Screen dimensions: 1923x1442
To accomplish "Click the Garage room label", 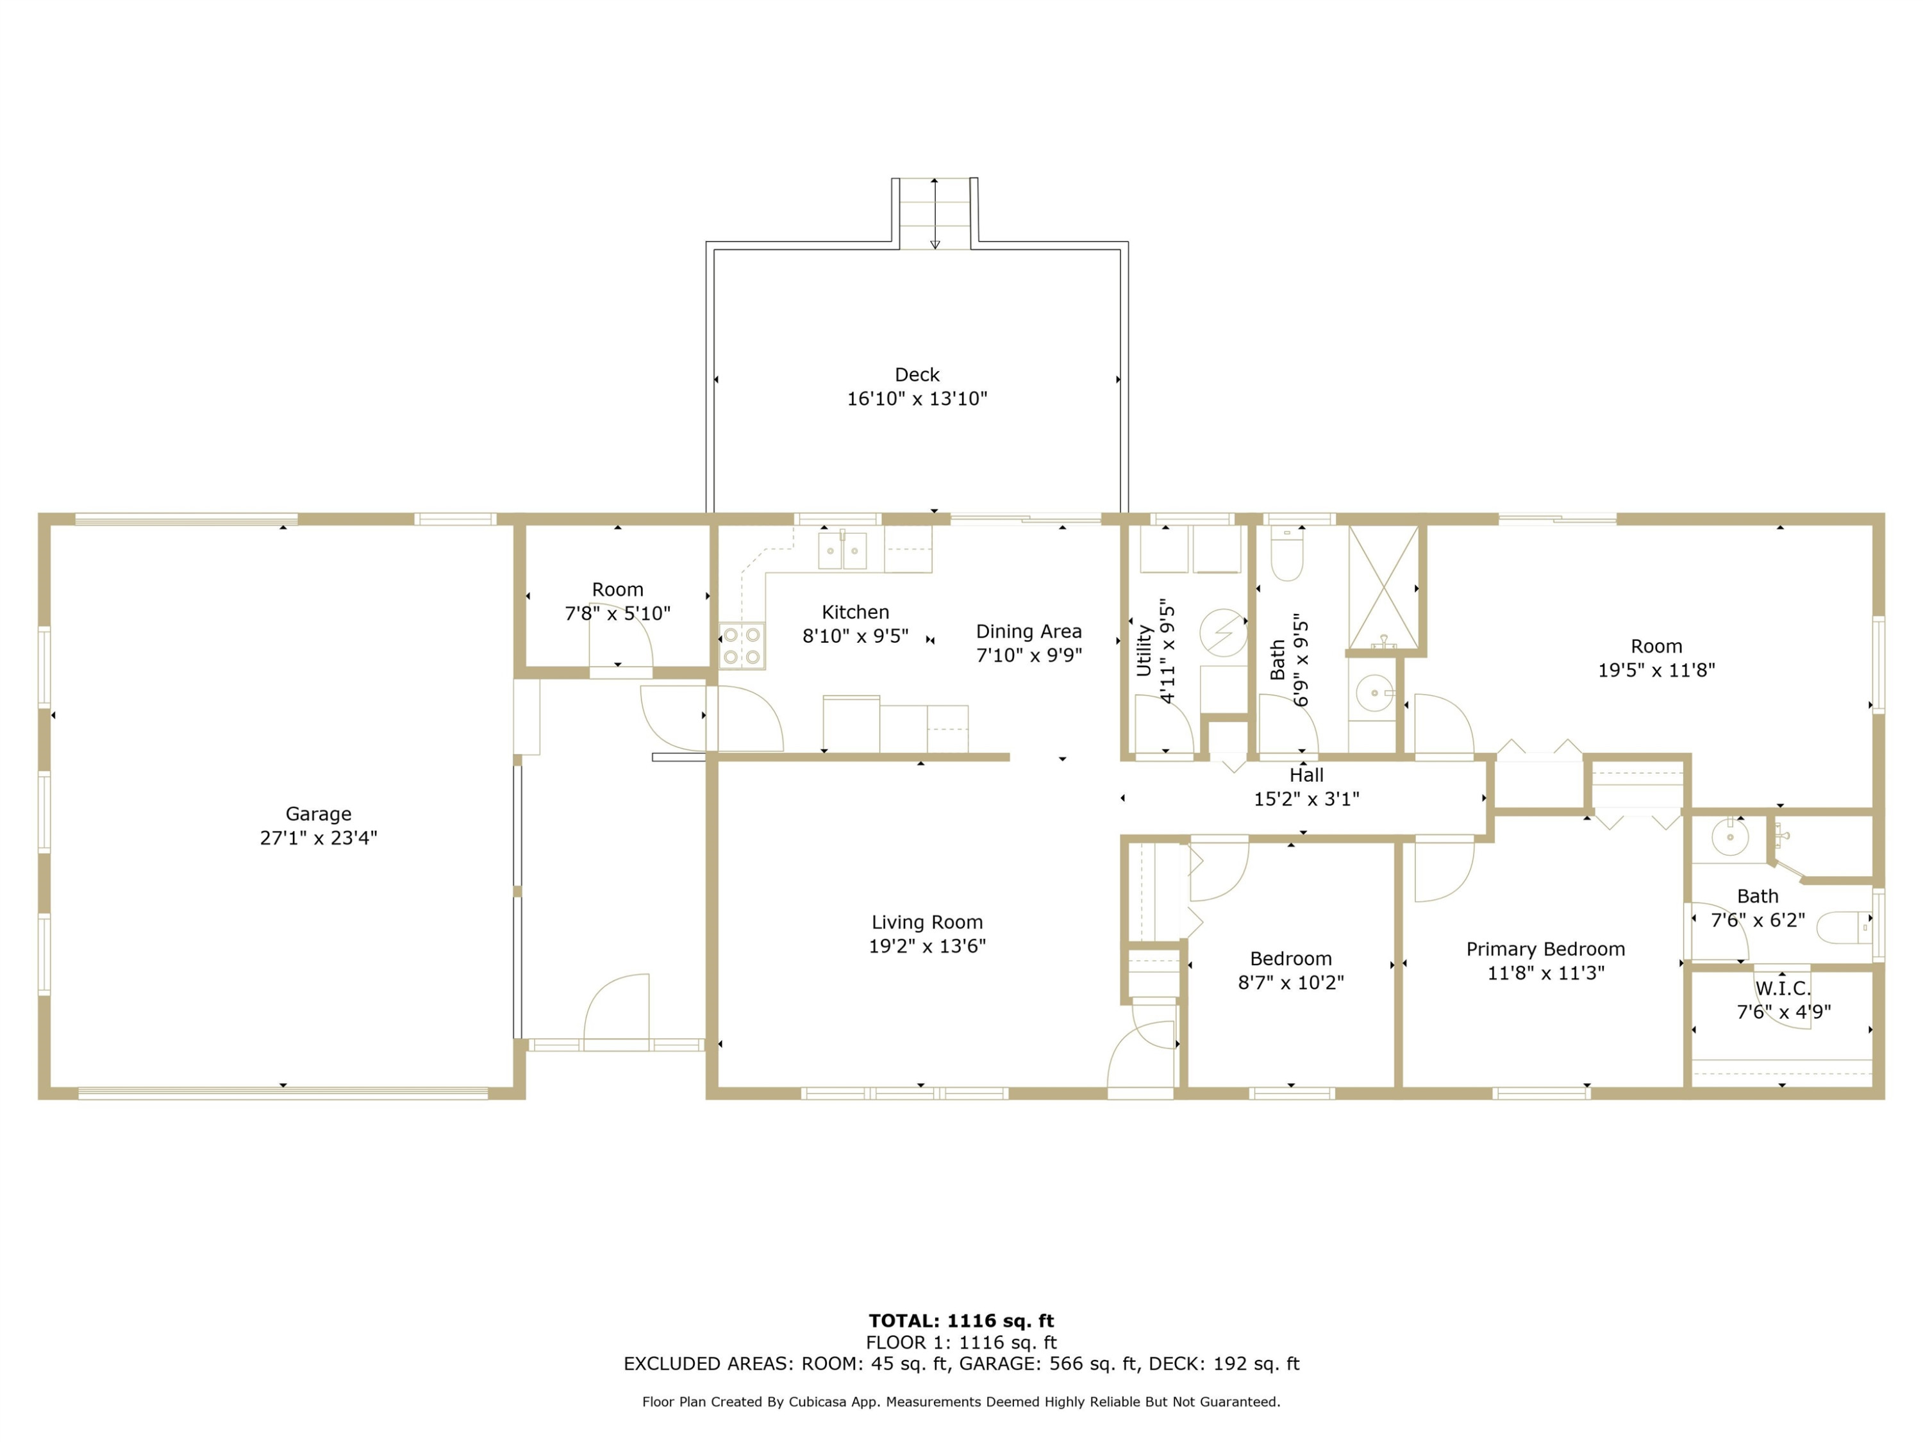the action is (x=318, y=813).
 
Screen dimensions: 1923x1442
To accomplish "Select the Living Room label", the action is (x=927, y=922).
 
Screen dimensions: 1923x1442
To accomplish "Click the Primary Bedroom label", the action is (x=1545, y=949).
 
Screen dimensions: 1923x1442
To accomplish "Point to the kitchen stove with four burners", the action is (x=742, y=646).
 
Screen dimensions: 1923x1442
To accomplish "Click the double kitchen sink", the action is (x=842, y=550).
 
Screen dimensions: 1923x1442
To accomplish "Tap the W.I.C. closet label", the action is (x=1783, y=988).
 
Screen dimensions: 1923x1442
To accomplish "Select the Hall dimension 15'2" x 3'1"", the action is (x=1306, y=799).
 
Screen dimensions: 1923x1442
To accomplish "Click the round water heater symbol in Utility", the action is (x=1223, y=632).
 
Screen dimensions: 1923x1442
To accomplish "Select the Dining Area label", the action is (x=1028, y=632).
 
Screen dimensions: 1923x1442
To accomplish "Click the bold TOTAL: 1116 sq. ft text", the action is (x=961, y=1321).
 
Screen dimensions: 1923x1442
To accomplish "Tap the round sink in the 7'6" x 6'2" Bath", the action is (x=1730, y=837).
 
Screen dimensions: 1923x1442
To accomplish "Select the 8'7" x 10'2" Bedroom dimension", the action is (x=1291, y=983).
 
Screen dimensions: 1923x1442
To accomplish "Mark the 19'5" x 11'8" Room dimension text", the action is (x=1656, y=670).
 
